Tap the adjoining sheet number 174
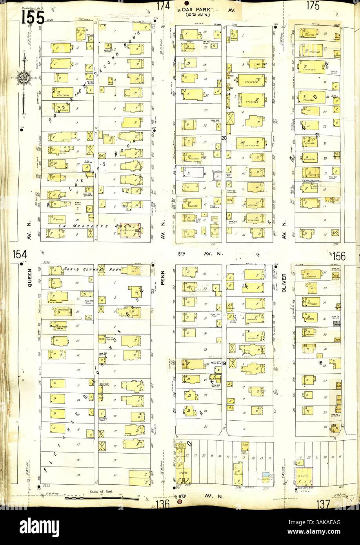point(163,6)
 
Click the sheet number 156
point(340,256)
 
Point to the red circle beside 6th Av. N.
point(180,502)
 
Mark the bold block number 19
point(224,363)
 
